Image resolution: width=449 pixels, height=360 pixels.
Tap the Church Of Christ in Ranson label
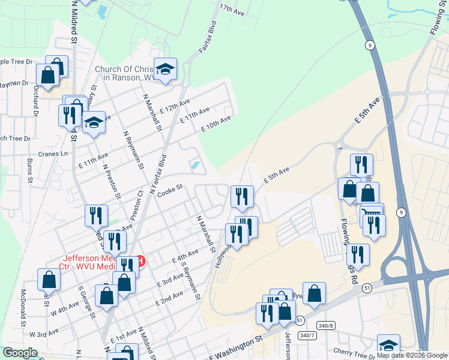pos(124,73)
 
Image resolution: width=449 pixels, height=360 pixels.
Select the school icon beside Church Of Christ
pos(165,68)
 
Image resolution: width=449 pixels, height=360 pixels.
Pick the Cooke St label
pos(170,190)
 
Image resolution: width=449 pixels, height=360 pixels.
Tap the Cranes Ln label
pos(56,154)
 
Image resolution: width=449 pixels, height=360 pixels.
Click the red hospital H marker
pos(140,261)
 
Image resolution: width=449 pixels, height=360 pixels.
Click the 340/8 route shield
pos(325,325)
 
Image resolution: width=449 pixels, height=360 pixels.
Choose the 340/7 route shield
pos(307,335)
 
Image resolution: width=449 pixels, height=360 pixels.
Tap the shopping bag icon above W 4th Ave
pos(49,279)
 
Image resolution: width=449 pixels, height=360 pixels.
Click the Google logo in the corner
pos(19,353)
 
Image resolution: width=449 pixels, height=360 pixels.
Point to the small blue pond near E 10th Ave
pos(194,165)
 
